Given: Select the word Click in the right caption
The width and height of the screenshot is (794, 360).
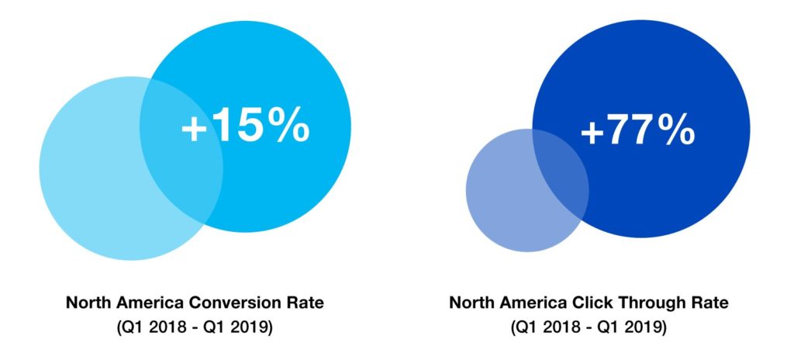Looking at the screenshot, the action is point(595,303).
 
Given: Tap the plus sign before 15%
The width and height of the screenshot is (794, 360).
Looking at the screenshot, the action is point(195,128).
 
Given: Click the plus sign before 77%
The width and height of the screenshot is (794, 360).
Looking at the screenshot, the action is point(593,133).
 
